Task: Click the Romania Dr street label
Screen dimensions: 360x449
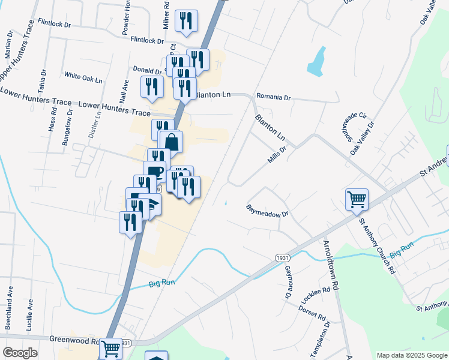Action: click(x=273, y=97)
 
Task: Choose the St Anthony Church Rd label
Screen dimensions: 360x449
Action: click(x=377, y=245)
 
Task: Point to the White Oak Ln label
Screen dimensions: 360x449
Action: click(x=83, y=76)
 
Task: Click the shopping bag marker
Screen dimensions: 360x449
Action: click(x=171, y=143)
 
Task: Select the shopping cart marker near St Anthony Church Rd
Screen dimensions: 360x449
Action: click(x=357, y=199)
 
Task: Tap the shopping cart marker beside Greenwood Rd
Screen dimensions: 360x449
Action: click(x=110, y=348)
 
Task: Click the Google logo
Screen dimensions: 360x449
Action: click(x=19, y=353)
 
